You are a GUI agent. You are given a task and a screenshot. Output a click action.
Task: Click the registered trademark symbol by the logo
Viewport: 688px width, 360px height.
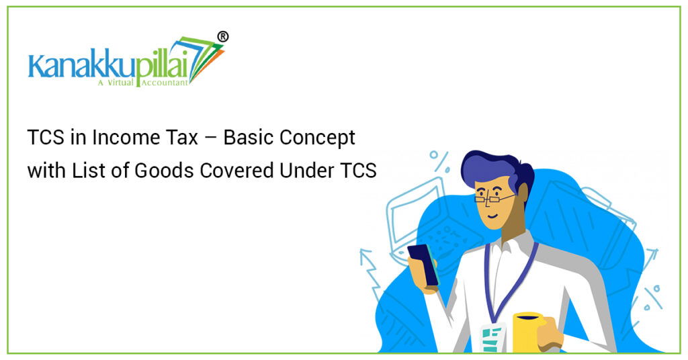(222, 37)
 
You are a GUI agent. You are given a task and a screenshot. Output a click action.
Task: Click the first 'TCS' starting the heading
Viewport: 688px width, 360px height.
(44, 138)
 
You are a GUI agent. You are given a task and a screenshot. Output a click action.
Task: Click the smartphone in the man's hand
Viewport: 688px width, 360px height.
(423, 263)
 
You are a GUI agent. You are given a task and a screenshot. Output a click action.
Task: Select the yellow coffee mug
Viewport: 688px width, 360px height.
(527, 330)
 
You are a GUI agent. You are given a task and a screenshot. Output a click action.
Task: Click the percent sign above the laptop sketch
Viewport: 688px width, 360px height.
(439, 161)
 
